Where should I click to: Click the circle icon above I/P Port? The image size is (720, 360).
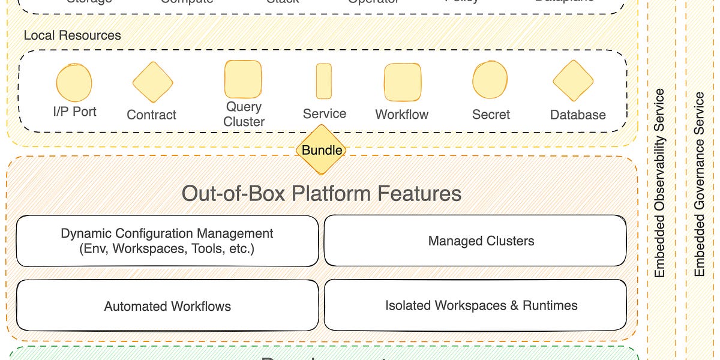tap(74, 83)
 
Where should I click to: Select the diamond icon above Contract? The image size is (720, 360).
tap(152, 82)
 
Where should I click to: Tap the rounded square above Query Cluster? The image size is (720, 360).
tap(243, 79)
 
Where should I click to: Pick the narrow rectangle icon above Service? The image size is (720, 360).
tap(323, 81)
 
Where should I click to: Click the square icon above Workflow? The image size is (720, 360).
tap(402, 82)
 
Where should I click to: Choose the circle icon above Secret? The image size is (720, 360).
tap(490, 80)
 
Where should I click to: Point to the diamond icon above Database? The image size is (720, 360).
tap(573, 81)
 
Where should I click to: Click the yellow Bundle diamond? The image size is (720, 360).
tap(322, 150)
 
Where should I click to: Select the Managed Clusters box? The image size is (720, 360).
tap(481, 241)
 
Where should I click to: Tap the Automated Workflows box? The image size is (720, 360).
tap(167, 306)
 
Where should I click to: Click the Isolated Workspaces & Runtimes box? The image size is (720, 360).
tap(481, 305)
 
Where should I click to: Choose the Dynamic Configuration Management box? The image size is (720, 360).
tap(167, 241)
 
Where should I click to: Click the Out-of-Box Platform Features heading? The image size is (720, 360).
tap(322, 194)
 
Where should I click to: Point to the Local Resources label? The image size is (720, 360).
tap(72, 35)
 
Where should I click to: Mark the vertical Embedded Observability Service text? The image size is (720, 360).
tap(659, 183)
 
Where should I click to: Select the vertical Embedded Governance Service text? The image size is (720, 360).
tap(699, 184)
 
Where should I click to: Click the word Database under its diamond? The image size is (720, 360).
tap(578, 115)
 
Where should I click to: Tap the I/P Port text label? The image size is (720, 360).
tap(74, 112)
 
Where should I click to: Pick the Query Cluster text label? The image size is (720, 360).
tap(244, 114)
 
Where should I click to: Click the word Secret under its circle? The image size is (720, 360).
tap(491, 115)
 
